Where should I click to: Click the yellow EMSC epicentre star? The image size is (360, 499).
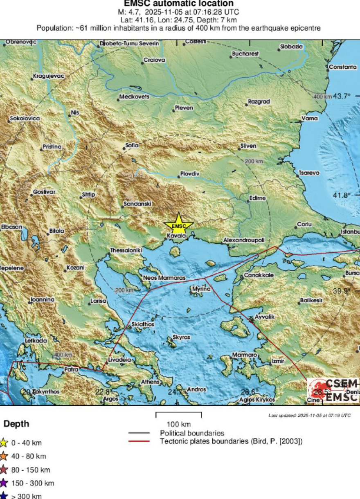pyautogui.click(x=179, y=225)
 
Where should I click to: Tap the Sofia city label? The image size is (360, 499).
pyautogui.click(x=132, y=145)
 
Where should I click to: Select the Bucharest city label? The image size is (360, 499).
pyautogui.click(x=245, y=54)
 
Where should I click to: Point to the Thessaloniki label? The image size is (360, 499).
pyautogui.click(x=126, y=250)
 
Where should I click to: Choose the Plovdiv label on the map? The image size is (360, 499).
pyautogui.click(x=190, y=174)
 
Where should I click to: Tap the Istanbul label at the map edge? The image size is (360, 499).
pyautogui.click(x=350, y=232)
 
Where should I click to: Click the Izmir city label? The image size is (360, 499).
pyautogui.click(x=277, y=361)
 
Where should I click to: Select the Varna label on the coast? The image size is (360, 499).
pyautogui.click(x=309, y=118)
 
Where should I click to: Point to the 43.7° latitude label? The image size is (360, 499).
pyautogui.click(x=342, y=96)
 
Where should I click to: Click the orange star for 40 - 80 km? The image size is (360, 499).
pyautogui.click(x=4, y=456)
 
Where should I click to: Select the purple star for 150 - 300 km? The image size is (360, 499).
pyautogui.click(x=4, y=483)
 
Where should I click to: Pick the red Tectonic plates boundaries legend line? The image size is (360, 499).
pyautogui.click(x=138, y=441)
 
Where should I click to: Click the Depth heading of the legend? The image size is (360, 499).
pyautogui.click(x=16, y=424)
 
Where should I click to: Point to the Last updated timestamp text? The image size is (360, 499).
pyautogui.click(x=309, y=416)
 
